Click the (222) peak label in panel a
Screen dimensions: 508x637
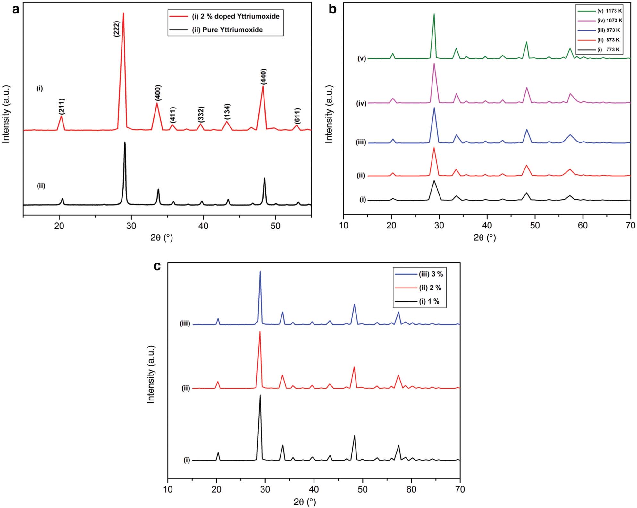coord(117,29)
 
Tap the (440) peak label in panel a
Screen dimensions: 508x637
coord(264,77)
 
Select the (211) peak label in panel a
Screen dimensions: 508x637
coord(62,106)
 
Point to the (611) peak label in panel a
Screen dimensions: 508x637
coord(298,116)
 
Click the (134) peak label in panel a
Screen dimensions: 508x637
coord(227,112)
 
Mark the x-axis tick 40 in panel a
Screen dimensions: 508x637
coord(203,226)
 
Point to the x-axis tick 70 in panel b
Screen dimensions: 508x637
coord(630,226)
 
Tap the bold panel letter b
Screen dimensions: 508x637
coord(332,10)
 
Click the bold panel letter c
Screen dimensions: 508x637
coord(157,266)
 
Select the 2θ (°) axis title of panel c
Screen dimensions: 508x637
coord(305,502)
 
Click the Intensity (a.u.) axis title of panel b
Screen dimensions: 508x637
coord(329,114)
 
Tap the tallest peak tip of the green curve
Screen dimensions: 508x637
coord(434,14)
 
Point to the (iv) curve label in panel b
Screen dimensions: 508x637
coord(361,103)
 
